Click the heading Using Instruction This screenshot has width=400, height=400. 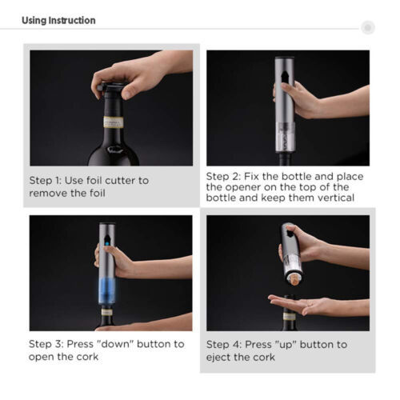point(58,20)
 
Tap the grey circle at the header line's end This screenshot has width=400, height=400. point(368,27)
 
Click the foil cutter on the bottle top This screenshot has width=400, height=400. point(110,87)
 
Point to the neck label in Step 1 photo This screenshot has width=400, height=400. point(114,122)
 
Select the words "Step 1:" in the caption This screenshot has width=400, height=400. point(46,181)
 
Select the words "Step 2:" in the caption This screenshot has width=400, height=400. point(223,176)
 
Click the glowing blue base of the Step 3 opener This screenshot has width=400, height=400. point(107,290)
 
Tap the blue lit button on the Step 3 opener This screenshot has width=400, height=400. point(107,243)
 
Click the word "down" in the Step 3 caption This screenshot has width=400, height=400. point(114,344)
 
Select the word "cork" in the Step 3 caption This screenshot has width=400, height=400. point(87,357)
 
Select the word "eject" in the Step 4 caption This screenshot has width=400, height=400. point(218,357)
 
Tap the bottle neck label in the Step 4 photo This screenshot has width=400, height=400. point(290,317)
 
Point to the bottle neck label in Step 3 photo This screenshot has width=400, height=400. point(106,312)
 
